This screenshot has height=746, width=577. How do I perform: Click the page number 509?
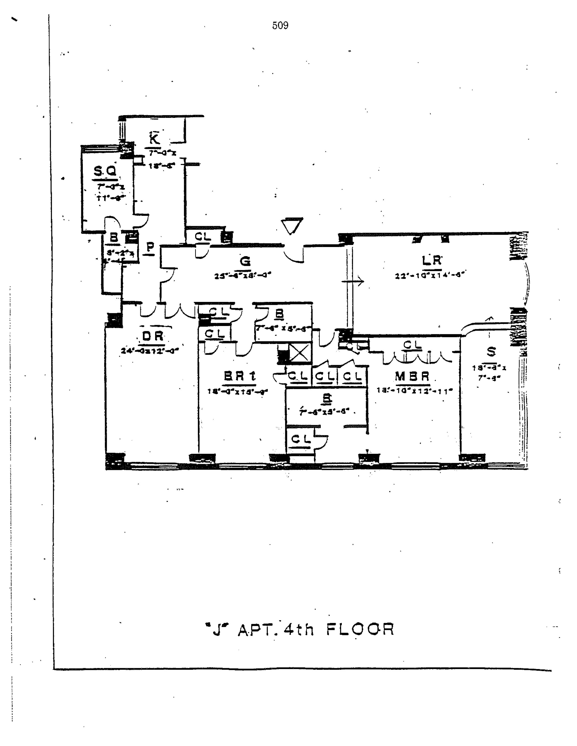(280, 26)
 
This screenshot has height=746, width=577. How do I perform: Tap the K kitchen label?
(154, 139)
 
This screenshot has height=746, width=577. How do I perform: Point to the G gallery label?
(245, 261)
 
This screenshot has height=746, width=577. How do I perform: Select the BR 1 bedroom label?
(240, 376)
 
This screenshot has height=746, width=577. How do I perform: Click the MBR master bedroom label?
(412, 376)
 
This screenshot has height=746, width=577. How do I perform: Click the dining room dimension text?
(150, 351)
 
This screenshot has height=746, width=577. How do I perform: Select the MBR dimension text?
(414, 390)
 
